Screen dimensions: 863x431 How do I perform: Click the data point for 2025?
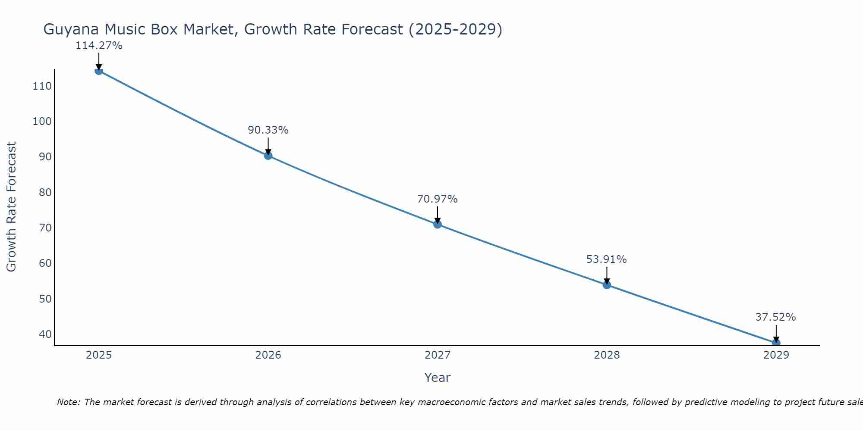pos(99,71)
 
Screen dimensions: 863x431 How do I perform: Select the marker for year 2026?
pos(268,156)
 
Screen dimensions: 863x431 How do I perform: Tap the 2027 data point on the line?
pos(438,224)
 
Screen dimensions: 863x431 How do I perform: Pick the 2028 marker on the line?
pos(607,285)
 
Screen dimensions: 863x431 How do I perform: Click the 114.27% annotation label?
pos(99,46)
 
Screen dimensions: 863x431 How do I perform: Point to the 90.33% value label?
pos(268,130)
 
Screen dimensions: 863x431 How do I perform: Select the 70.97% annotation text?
pos(437,199)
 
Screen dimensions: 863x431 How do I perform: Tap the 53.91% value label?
pos(606,259)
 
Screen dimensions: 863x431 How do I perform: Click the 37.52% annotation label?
pos(775,317)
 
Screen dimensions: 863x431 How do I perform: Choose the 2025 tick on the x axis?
pos(99,355)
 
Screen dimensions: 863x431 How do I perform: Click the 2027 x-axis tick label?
pos(438,355)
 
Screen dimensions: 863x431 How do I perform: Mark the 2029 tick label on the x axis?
pos(776,355)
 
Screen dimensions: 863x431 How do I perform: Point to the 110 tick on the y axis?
pos(42,86)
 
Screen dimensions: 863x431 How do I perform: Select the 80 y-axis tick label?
pos(45,192)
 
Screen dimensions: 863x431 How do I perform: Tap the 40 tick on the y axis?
pos(45,334)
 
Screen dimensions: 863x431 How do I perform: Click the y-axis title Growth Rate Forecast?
pos(12,207)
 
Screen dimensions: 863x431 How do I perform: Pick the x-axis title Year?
pos(438,378)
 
